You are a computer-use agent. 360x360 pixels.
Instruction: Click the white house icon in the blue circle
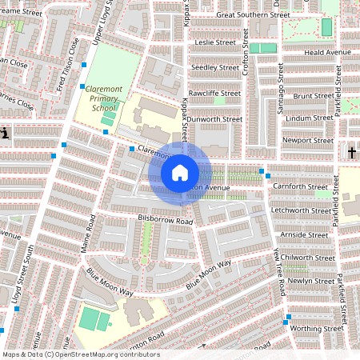pos(180,172)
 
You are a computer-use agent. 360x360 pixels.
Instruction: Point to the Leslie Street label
pos(215,42)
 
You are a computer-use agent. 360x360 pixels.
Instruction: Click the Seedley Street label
pos(217,67)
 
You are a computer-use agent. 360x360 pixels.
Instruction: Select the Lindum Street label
pos(310,118)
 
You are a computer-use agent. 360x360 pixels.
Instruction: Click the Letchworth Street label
pos(301,210)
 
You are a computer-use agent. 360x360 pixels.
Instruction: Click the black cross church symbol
pos(351,152)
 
